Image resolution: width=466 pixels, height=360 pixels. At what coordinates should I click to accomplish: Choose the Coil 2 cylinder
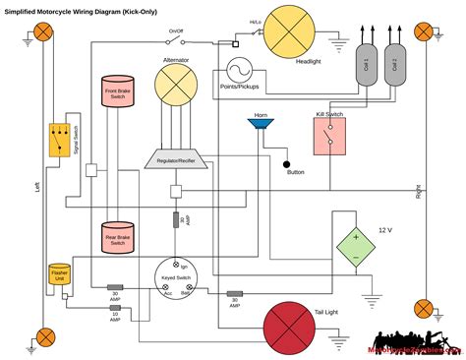tap(395, 67)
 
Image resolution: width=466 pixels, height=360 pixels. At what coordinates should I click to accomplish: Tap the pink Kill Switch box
tap(328, 137)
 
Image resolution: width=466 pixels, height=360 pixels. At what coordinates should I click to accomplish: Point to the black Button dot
tap(287, 163)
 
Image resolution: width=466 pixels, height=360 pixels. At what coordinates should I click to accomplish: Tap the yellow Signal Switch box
tap(61, 140)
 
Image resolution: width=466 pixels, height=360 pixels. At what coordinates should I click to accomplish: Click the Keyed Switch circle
tap(176, 283)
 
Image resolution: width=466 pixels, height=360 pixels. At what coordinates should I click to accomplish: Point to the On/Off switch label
tap(176, 31)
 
